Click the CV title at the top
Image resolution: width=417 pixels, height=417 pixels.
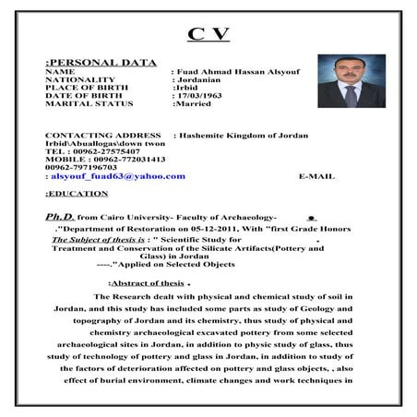click(x=208, y=35)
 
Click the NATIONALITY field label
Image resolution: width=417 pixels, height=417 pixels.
click(x=79, y=80)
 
